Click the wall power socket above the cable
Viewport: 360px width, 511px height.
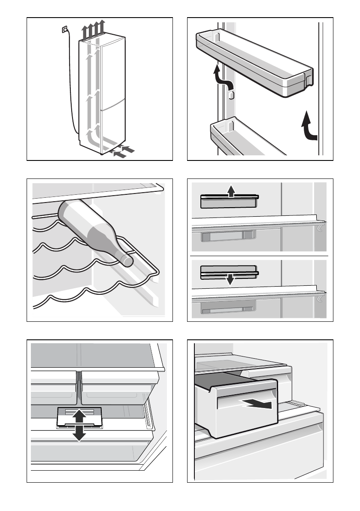coord(65,29)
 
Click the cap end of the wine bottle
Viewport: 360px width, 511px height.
coord(127,261)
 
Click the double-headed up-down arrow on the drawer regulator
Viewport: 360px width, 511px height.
coord(79,425)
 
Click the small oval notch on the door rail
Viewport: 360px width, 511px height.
coord(231,95)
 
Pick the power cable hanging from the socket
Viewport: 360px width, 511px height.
coord(71,86)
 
